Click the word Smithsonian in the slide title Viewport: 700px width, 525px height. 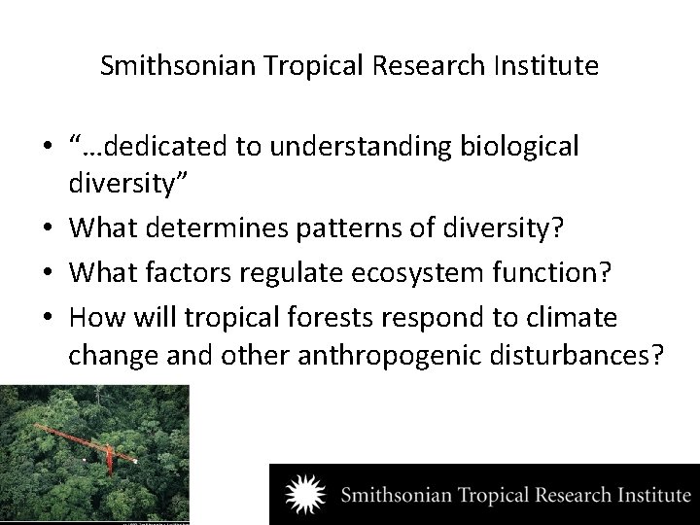(165, 67)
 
